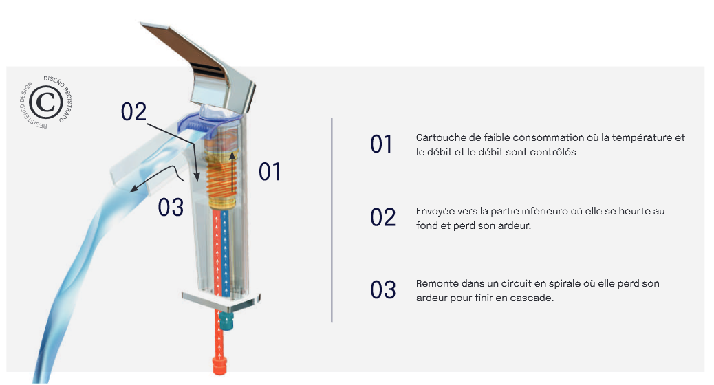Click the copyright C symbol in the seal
pyautogui.click(x=45, y=102)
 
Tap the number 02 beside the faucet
pyautogui.click(x=133, y=112)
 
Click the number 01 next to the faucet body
pyautogui.click(x=269, y=172)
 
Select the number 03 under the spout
pyautogui.click(x=171, y=208)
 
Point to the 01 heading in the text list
pyautogui.click(x=381, y=144)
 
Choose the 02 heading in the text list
pyautogui.click(x=382, y=217)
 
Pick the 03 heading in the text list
pyautogui.click(x=383, y=290)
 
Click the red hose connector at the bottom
pyautogui.click(x=219, y=366)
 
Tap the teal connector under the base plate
pyautogui.click(x=226, y=320)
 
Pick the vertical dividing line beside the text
pyautogui.click(x=332, y=220)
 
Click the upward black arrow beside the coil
pyautogui.click(x=232, y=172)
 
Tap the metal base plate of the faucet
pyautogui.click(x=221, y=300)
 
